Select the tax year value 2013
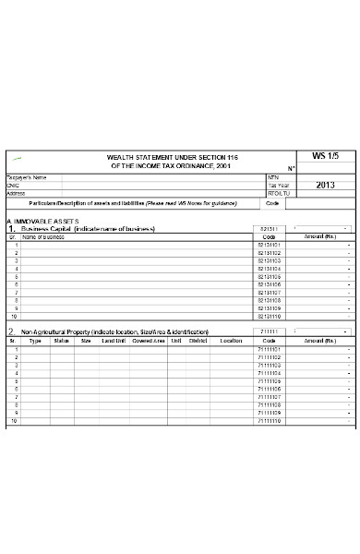[x=325, y=185]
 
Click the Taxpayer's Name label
[x=27, y=176]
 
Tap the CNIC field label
[x=14, y=185]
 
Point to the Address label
[x=16, y=193]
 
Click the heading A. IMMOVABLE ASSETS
[x=42, y=222]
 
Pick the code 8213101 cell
[x=270, y=245]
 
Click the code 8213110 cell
[x=270, y=316]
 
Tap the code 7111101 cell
[x=270, y=349]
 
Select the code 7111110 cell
[x=270, y=421]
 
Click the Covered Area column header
[x=148, y=341]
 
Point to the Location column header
[x=231, y=341]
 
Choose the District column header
[x=198, y=341]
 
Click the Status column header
[x=62, y=341]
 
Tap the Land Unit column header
[x=114, y=341]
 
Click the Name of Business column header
[x=43, y=237]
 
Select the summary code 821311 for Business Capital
[x=270, y=228]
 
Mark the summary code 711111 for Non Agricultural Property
[x=270, y=331]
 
